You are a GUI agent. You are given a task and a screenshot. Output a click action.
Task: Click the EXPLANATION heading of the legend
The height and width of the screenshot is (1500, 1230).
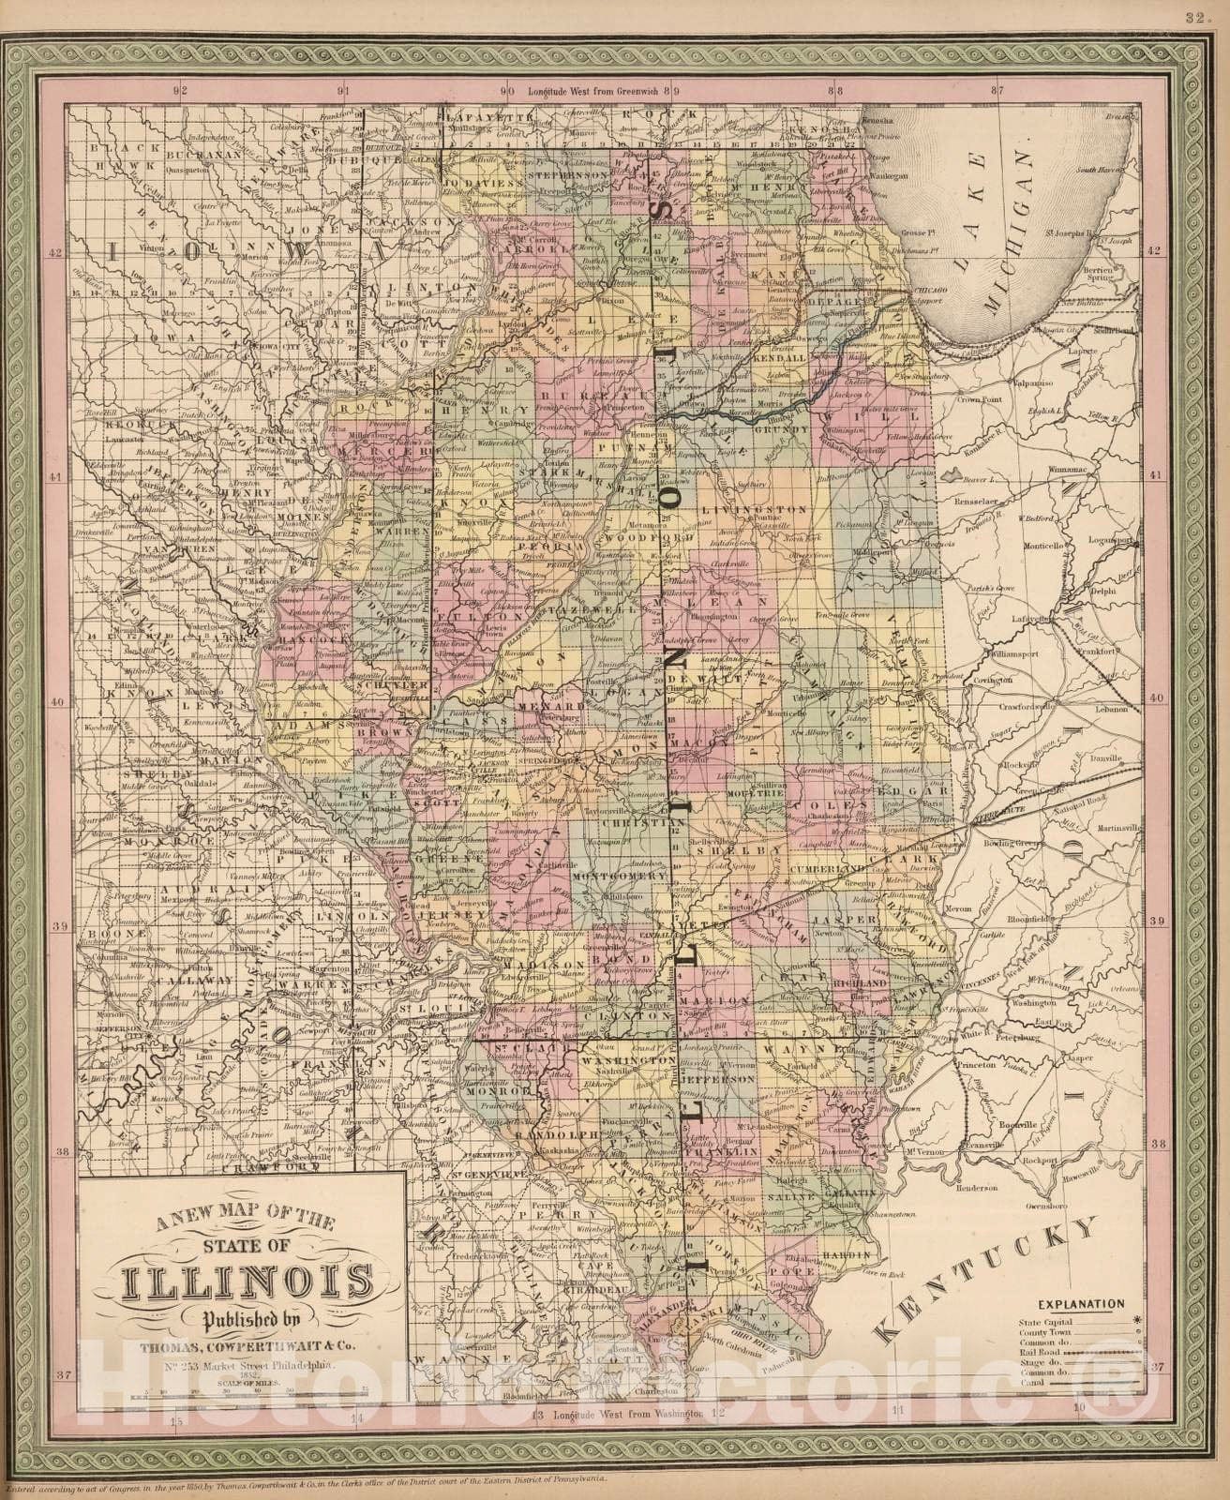pyautogui.click(x=1081, y=1303)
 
